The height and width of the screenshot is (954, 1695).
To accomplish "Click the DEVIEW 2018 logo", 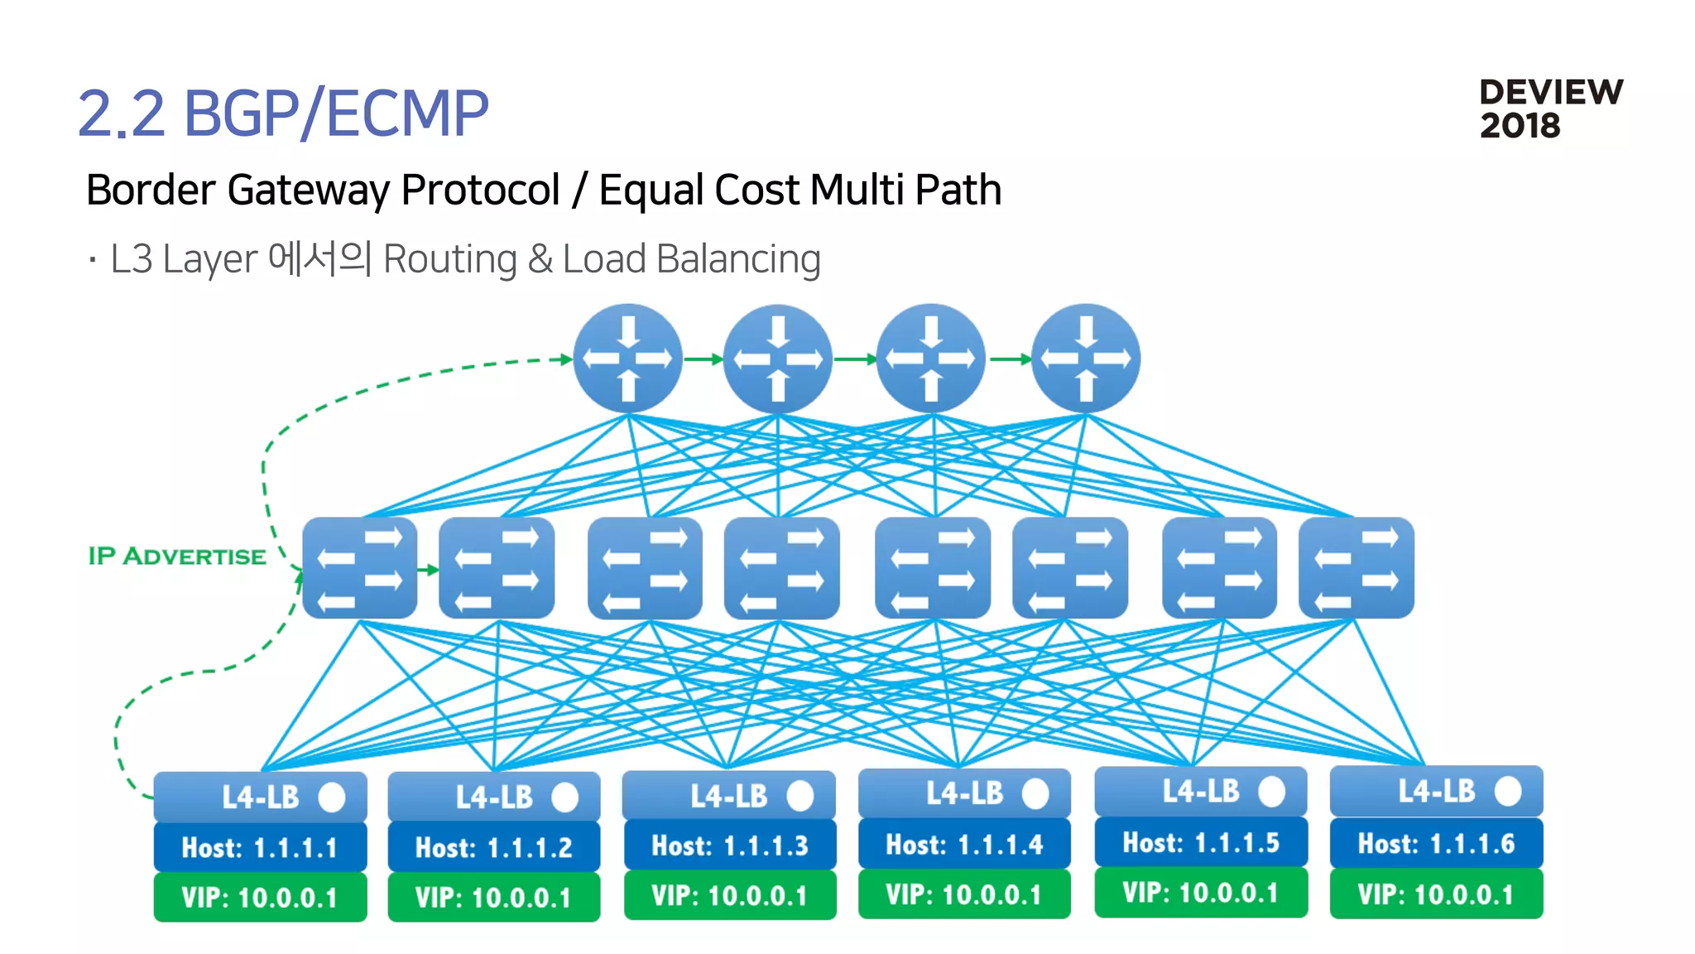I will click(x=1550, y=108).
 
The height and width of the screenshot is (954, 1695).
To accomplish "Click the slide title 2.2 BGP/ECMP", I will click(x=283, y=113).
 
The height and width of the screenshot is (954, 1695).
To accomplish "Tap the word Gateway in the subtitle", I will click(x=307, y=190).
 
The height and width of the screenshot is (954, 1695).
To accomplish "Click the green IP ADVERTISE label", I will click(x=177, y=556).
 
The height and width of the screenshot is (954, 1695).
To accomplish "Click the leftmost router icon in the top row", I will click(x=627, y=359).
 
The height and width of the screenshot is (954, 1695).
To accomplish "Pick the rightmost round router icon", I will click(x=1085, y=359).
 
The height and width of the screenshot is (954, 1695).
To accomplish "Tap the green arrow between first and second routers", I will click(x=703, y=359).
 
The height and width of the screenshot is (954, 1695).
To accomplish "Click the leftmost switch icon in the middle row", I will click(x=359, y=568).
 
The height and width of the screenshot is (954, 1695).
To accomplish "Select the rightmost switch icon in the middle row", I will click(x=1356, y=568).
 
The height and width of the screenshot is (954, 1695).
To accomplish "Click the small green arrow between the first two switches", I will click(x=428, y=570).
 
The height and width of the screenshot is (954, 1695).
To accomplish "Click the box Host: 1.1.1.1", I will click(x=260, y=847).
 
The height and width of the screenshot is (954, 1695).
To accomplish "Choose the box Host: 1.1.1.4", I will click(x=964, y=844).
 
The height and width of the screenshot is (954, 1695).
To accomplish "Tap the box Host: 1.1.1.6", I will click(x=1436, y=843).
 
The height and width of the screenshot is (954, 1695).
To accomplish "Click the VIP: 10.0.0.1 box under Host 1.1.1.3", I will click(x=729, y=895).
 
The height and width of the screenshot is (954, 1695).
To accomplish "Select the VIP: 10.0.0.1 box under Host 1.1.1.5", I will click(x=1200, y=893).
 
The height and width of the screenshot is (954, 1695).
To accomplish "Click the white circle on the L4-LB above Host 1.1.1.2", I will click(x=564, y=797).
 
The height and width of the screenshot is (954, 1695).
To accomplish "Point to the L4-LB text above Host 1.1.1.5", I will click(x=1200, y=791).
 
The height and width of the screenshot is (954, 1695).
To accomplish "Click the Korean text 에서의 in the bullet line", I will click(x=319, y=258).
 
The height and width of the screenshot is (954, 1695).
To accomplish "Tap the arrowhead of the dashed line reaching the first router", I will click(x=567, y=359).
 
